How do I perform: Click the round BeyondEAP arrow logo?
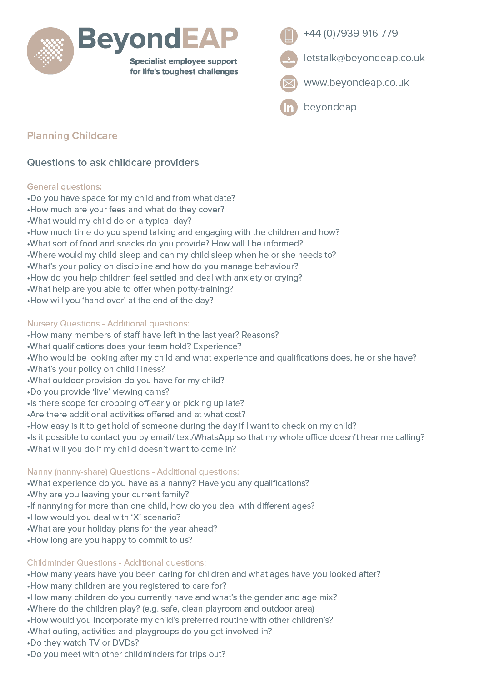pyautogui.click(x=50, y=50)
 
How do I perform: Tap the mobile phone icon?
pyautogui.click(x=289, y=35)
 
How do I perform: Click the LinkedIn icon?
pyautogui.click(x=289, y=107)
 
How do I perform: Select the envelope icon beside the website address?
pyautogui.click(x=289, y=83)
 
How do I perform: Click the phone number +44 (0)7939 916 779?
pyautogui.click(x=350, y=34)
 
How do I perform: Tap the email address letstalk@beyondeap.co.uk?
pyautogui.click(x=364, y=58)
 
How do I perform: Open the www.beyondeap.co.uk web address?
pyautogui.click(x=356, y=83)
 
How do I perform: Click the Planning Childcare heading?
pyautogui.click(x=72, y=135)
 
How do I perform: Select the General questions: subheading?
pyautogui.click(x=64, y=186)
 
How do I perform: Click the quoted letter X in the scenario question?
pyautogui.click(x=136, y=517)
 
